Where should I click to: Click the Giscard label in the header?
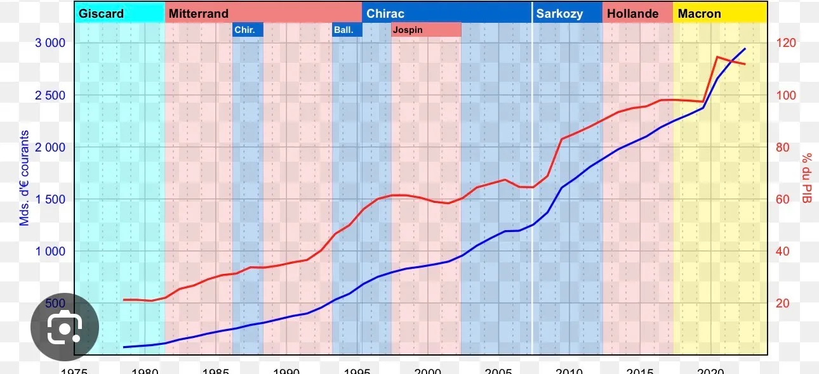[101, 13]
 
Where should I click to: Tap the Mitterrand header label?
[198, 13]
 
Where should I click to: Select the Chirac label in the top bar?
[385, 13]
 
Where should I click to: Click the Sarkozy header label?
[559, 13]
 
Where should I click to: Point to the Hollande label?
[632, 13]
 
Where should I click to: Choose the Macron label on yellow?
[699, 13]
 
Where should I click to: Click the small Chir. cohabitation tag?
[244, 30]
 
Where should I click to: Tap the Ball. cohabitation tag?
[343, 30]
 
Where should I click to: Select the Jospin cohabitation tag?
[408, 30]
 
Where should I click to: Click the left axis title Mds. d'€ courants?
[25, 178]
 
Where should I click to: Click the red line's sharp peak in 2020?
[717, 57]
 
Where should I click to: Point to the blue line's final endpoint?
[745, 48]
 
